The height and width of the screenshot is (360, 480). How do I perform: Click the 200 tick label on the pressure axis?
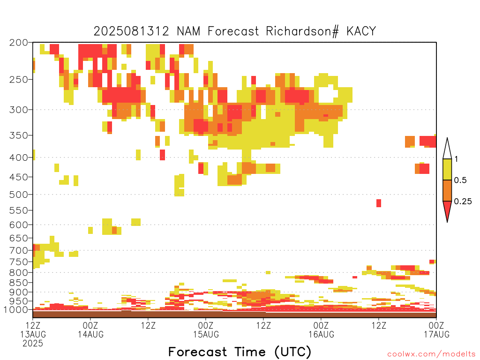click(x=18, y=43)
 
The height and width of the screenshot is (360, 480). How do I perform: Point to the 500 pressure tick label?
click(x=18, y=195)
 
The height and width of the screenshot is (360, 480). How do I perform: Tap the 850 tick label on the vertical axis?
click(x=18, y=282)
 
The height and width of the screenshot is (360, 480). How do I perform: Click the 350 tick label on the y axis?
click(x=18, y=135)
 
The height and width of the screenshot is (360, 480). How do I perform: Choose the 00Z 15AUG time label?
click(x=206, y=330)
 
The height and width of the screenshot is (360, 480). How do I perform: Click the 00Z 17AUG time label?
click(x=436, y=330)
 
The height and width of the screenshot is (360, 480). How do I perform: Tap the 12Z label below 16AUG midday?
click(x=379, y=325)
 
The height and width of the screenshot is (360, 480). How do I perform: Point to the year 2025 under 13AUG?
click(x=33, y=343)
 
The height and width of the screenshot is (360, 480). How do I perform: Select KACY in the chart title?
click(x=361, y=31)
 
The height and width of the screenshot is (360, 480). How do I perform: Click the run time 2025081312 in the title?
click(x=131, y=31)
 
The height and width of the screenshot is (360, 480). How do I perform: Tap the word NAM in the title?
click(x=188, y=31)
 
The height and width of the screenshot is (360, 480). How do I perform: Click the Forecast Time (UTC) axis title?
click(x=240, y=352)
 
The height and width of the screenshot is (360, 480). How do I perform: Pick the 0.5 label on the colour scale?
click(x=460, y=180)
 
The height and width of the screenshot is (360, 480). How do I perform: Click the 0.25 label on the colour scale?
click(x=463, y=202)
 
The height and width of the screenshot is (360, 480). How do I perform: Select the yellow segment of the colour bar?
click(x=447, y=169)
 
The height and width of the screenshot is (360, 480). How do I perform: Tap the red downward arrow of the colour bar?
click(x=447, y=210)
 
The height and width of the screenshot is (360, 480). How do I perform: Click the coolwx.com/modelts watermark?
click(x=431, y=354)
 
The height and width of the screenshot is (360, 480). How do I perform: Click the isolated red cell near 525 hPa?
click(x=379, y=203)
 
